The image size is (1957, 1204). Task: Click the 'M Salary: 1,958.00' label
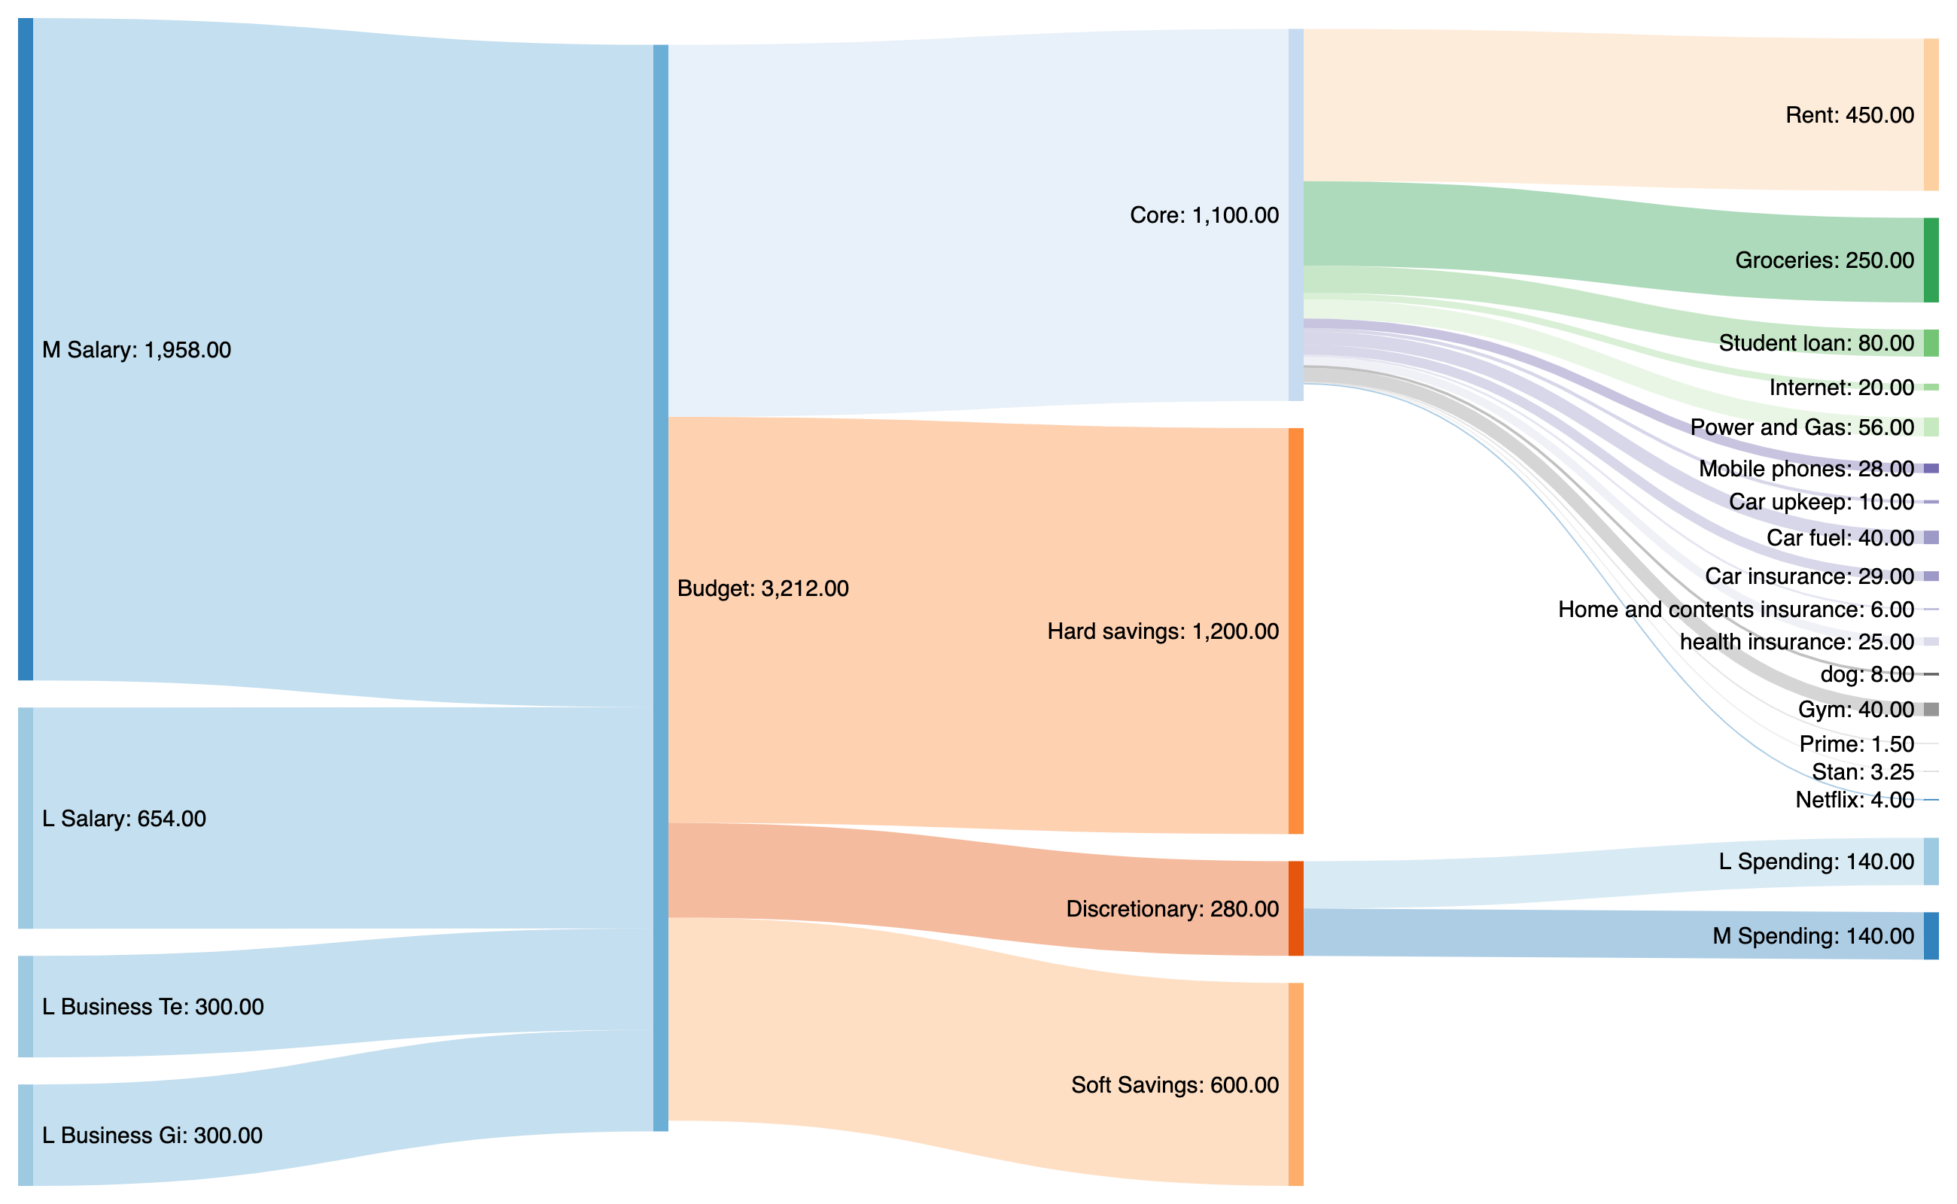pyautogui.click(x=136, y=351)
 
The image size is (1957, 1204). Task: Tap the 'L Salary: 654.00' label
pyautogui.click(x=123, y=819)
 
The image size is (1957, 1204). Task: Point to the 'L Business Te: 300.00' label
pyautogui.click(x=152, y=1007)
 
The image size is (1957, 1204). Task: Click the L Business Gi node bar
pyautogui.click(x=26, y=1135)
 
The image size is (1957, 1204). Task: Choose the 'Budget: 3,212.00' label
pyautogui.click(x=762, y=588)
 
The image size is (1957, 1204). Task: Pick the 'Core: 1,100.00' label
pyautogui.click(x=1204, y=215)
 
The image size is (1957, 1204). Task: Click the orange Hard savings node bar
pyautogui.click(x=1296, y=631)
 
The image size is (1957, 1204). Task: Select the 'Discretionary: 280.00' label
pyautogui.click(x=1172, y=908)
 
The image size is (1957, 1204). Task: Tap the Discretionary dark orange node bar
pyautogui.click(x=1296, y=908)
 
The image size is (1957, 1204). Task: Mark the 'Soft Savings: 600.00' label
pyautogui.click(x=1174, y=1084)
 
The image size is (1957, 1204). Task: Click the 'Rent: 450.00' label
pyautogui.click(x=1849, y=115)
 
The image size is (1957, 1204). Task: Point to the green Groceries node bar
pyautogui.click(x=1931, y=260)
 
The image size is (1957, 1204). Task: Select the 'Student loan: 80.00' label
pyautogui.click(x=1815, y=343)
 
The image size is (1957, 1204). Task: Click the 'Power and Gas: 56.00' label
pyautogui.click(x=1801, y=427)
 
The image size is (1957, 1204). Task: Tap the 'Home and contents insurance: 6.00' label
pyautogui.click(x=1735, y=610)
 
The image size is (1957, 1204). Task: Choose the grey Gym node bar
pyautogui.click(x=1931, y=710)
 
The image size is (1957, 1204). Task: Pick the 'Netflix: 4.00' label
pyautogui.click(x=1853, y=799)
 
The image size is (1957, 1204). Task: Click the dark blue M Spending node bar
pyautogui.click(x=1931, y=935)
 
